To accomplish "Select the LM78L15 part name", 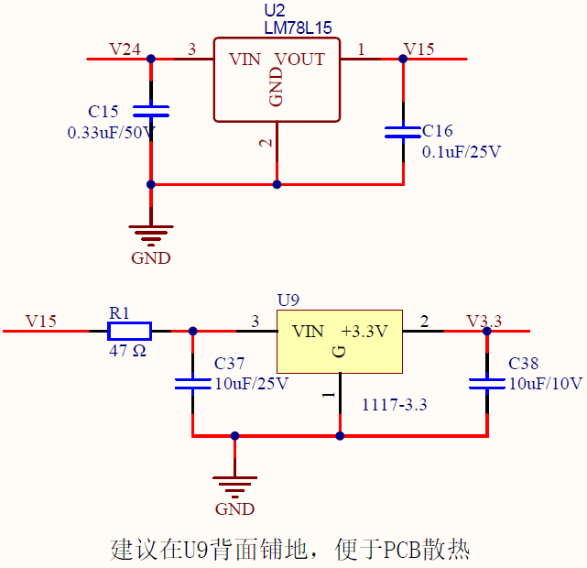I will (298, 28).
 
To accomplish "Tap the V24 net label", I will (125, 49).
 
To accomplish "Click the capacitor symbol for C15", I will (151, 112).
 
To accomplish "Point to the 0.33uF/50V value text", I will (111, 132).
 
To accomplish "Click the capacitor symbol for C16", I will (403, 132).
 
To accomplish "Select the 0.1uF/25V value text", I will (462, 152).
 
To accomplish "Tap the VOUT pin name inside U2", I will (300, 60).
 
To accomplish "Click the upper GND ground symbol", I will (151, 234).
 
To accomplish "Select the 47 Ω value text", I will (127, 351).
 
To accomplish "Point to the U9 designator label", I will (288, 300).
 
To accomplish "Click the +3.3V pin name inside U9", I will (364, 332).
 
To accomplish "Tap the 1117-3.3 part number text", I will (395, 404).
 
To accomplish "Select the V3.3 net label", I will (484, 321).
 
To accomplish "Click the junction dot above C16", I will (403, 59).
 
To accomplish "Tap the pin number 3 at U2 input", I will (191, 49).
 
